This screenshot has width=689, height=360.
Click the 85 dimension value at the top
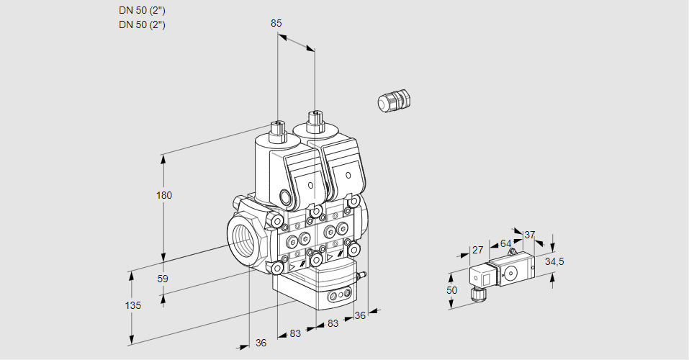tap(276, 24)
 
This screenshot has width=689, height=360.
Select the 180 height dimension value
tap(166, 195)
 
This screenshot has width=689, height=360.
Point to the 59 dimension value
tap(163, 279)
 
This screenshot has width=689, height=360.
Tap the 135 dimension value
tap(132, 305)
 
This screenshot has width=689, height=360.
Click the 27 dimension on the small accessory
tap(477, 250)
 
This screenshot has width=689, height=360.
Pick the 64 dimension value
tap(505, 243)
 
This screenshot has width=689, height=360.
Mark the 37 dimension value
tap(530, 235)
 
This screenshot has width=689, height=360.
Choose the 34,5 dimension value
tap(554, 261)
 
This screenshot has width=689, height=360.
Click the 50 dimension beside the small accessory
tap(451, 290)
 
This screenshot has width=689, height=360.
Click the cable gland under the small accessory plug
tap(476, 293)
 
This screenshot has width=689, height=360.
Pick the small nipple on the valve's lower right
tap(363, 275)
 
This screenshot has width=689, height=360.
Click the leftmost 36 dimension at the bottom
tap(261, 343)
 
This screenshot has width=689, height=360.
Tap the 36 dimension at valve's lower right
tap(360, 315)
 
